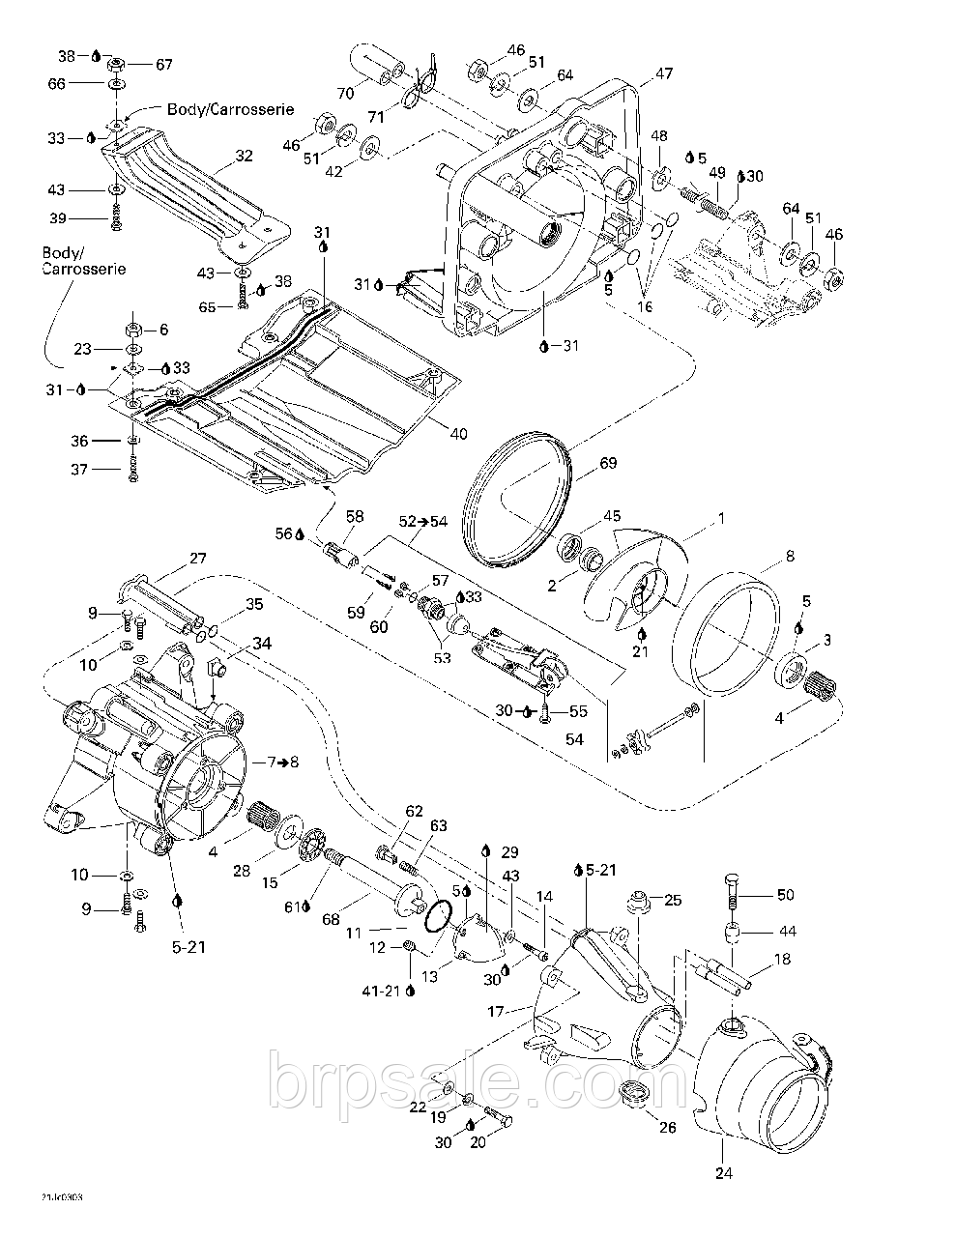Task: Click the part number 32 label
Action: click(x=243, y=155)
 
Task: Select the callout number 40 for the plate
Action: click(x=457, y=433)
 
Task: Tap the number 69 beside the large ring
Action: click(x=607, y=463)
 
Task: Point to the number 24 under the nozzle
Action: click(x=724, y=1173)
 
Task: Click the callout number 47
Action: click(x=663, y=73)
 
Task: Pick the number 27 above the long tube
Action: click(x=197, y=558)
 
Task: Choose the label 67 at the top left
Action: click(x=163, y=65)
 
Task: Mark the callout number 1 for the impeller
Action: click(x=719, y=518)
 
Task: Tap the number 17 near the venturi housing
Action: click(x=496, y=1012)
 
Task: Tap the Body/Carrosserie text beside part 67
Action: click(x=230, y=109)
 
